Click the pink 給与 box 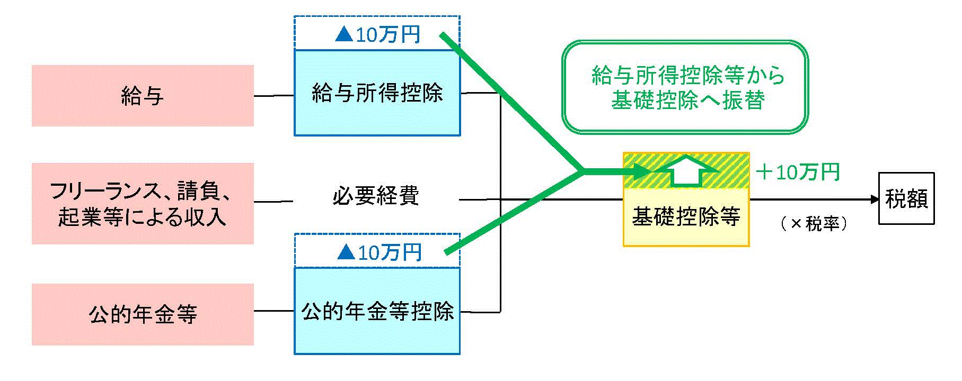coord(143,96)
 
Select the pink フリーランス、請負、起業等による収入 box coord(143,204)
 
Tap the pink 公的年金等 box coord(143,314)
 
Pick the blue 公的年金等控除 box coord(377,311)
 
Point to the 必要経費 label coord(376,196)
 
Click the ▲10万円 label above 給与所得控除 coord(377,35)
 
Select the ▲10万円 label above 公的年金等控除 coord(379,252)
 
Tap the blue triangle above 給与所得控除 coord(344,35)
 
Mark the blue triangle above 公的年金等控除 coord(346,252)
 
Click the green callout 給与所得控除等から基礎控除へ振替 coord(685,87)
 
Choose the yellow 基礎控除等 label coord(686,216)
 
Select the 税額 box coord(906,199)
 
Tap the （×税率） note coord(814,224)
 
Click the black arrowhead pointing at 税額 coord(874,199)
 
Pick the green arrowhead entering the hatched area coord(643,171)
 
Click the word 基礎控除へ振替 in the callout coord(687,101)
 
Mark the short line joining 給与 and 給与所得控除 coord(274,96)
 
